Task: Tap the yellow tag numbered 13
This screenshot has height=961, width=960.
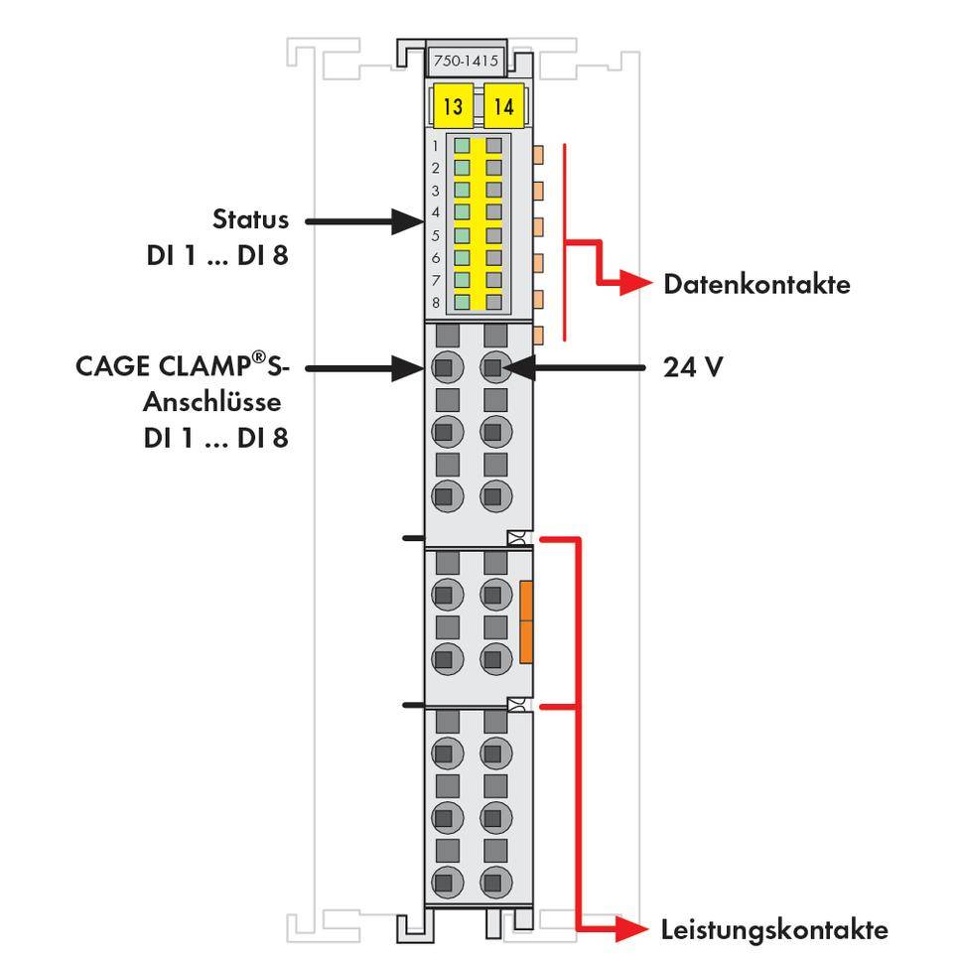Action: [x=454, y=106]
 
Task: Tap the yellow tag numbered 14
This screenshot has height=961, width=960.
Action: [x=504, y=106]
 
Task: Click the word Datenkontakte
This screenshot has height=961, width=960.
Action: [x=756, y=285]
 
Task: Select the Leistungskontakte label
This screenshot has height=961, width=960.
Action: [x=774, y=930]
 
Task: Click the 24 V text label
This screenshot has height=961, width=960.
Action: [x=693, y=368]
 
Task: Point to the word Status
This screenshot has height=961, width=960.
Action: [x=251, y=218]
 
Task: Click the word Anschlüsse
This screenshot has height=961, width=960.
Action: [x=212, y=402]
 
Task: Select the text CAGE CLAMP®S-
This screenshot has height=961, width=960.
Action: [x=183, y=366]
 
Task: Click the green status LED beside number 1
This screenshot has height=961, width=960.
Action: [x=463, y=145]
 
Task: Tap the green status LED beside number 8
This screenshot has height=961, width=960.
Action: [x=463, y=302]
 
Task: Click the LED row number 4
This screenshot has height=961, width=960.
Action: [x=436, y=212]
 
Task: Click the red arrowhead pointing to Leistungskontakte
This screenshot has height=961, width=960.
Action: [x=635, y=930]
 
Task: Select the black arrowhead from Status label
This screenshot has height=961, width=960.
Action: [x=407, y=220]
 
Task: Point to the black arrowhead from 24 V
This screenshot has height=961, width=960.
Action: [x=517, y=368]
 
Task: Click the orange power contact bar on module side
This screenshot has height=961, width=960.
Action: [x=526, y=622]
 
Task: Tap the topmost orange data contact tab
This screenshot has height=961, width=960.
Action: [x=539, y=154]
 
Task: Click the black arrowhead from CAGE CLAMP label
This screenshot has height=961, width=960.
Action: [x=407, y=368]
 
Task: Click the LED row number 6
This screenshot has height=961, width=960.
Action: [x=436, y=258]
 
